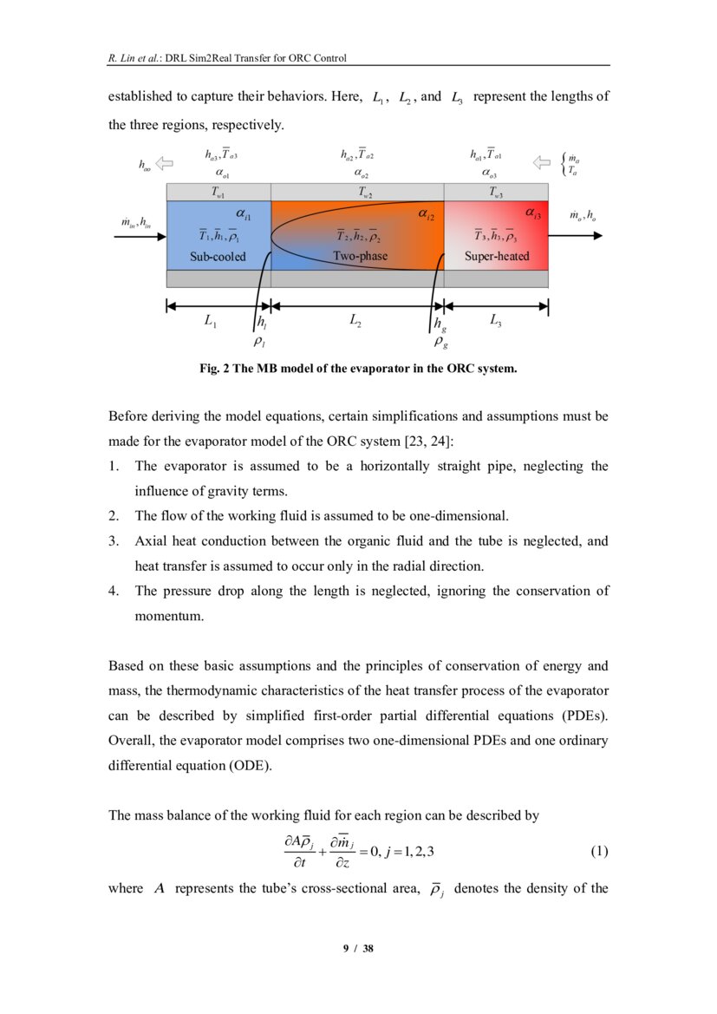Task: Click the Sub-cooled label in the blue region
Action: click(x=218, y=257)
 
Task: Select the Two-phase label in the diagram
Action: click(x=360, y=257)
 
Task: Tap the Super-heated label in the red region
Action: click(x=497, y=257)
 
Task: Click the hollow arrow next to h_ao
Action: click(x=164, y=162)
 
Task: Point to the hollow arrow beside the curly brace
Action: click(x=542, y=162)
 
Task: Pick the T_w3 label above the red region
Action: click(x=495, y=193)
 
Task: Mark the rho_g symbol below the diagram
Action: click(x=440, y=343)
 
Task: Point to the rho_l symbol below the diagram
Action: click(x=259, y=343)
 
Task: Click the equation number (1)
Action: click(x=599, y=852)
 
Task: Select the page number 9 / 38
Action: click(x=358, y=949)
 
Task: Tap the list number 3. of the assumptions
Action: click(x=114, y=541)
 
